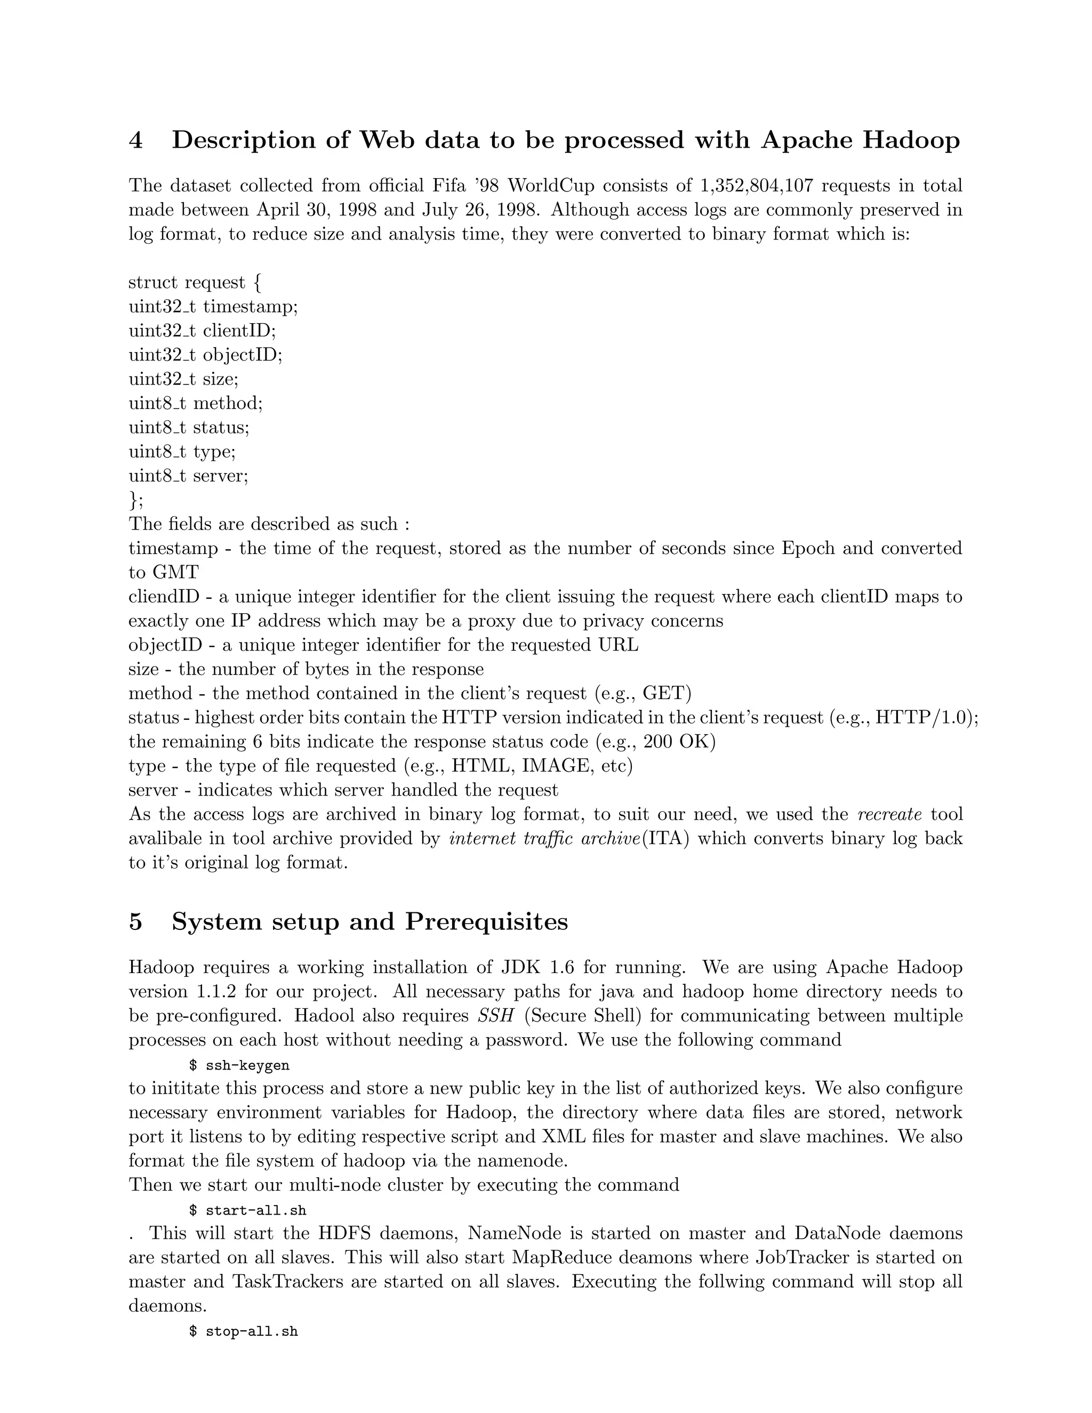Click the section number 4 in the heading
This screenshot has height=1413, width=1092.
(x=135, y=140)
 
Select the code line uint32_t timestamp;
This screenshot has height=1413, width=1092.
(x=213, y=306)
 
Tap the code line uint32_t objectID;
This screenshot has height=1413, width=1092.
(x=205, y=355)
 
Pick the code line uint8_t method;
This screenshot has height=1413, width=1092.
(x=195, y=403)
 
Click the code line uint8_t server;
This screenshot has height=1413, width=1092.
(x=188, y=476)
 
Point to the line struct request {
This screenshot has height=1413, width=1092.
(x=194, y=282)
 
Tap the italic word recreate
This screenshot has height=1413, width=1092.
(x=889, y=814)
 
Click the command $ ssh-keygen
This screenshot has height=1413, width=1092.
(x=239, y=1065)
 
